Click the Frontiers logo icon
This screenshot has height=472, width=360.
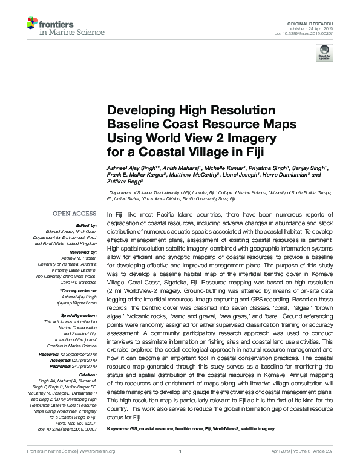click(32, 24)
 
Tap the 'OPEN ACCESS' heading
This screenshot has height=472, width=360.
click(74, 214)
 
